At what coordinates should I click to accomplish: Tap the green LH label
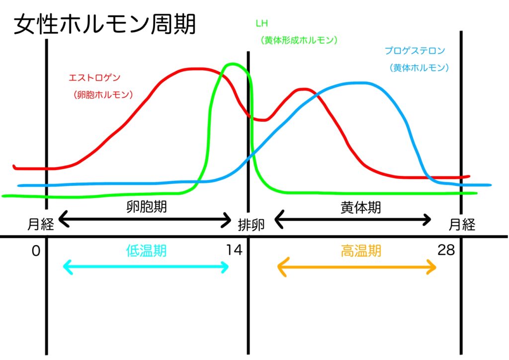[x=260, y=23]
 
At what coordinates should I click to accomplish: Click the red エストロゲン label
[x=94, y=78]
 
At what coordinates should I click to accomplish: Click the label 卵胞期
[x=147, y=207]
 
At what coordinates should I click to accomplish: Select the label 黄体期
[x=361, y=207]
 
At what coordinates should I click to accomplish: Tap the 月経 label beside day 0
[x=40, y=225]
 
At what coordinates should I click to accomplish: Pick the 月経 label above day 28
[x=462, y=225]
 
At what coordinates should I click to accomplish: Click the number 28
[x=446, y=250]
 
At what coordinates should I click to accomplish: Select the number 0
[x=35, y=251]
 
